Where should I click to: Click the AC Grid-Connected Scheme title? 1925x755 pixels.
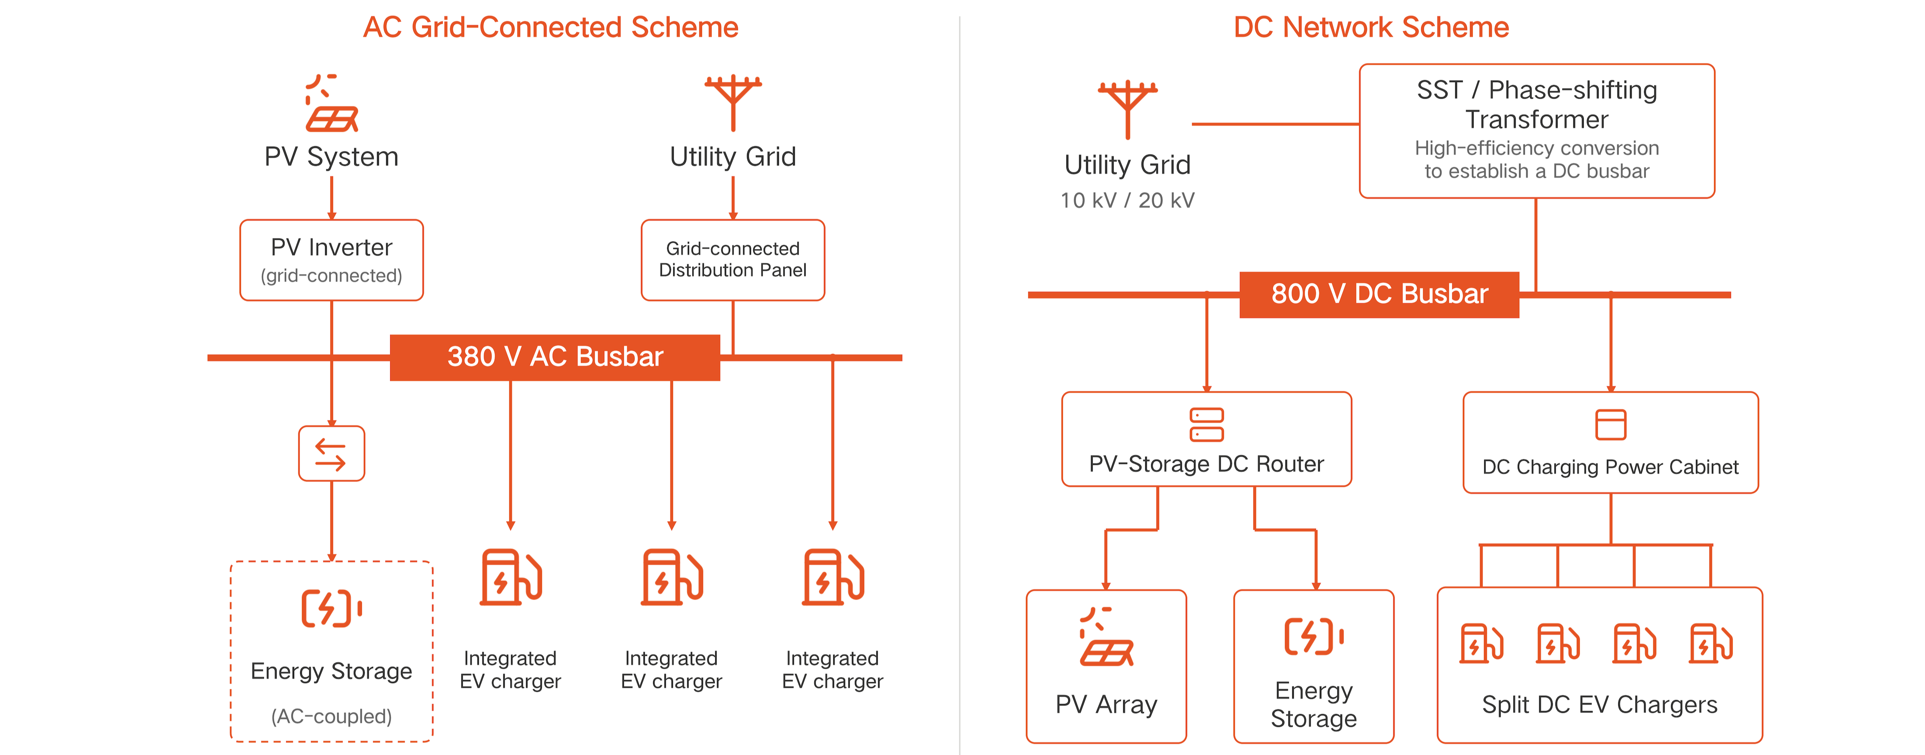tap(551, 28)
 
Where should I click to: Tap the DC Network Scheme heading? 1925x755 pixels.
tap(1371, 28)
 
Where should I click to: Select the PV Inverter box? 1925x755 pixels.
tap(332, 260)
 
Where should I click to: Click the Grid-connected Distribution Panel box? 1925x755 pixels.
tap(733, 260)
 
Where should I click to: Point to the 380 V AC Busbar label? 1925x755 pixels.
tap(555, 357)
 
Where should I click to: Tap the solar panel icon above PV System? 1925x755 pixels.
tap(332, 103)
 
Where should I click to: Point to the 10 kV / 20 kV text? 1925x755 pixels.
tap(1128, 200)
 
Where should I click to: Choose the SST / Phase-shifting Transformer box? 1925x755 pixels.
tap(1537, 131)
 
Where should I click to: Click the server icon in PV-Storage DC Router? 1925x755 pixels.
tap(1207, 424)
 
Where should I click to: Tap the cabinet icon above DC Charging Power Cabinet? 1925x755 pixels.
tap(1611, 424)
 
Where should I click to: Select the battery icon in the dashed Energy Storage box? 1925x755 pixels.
tap(332, 608)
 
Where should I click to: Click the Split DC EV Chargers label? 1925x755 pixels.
tap(1600, 704)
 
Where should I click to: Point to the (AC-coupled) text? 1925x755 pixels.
tap(332, 716)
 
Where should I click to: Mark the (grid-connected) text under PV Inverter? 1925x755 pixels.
tap(332, 276)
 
